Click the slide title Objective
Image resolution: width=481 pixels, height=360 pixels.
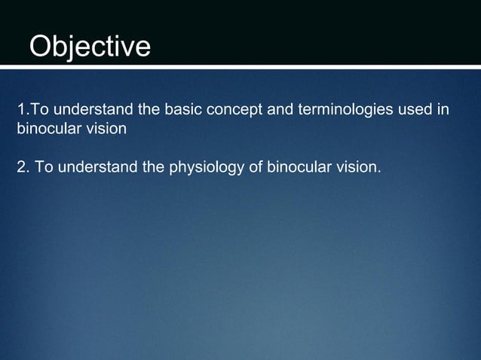(90, 47)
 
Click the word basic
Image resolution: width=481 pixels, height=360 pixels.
(182, 111)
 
